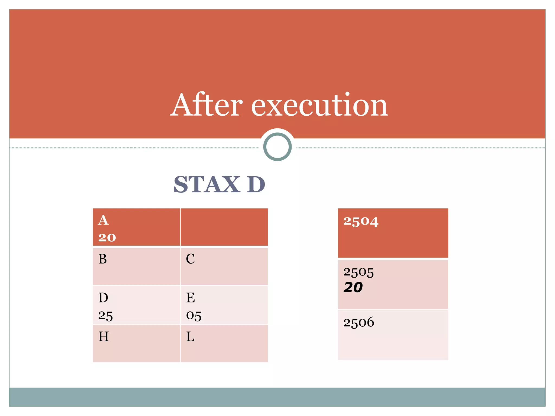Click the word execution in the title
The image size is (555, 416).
click(320, 105)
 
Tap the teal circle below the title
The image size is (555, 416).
click(277, 147)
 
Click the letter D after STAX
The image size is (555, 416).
click(256, 184)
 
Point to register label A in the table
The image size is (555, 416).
click(103, 220)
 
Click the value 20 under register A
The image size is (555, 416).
click(107, 238)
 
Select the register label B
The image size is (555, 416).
click(103, 259)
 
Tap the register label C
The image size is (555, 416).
click(190, 259)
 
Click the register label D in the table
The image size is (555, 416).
click(103, 298)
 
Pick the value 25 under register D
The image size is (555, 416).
click(105, 316)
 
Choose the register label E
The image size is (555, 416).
click(191, 298)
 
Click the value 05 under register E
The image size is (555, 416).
click(194, 316)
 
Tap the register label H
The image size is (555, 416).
click(104, 337)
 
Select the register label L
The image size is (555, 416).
click(190, 337)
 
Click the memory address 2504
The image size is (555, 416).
click(361, 222)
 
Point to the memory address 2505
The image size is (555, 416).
click(359, 272)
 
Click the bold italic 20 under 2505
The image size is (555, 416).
click(353, 287)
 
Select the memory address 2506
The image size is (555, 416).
click(359, 323)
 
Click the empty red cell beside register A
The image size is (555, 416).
click(224, 227)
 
